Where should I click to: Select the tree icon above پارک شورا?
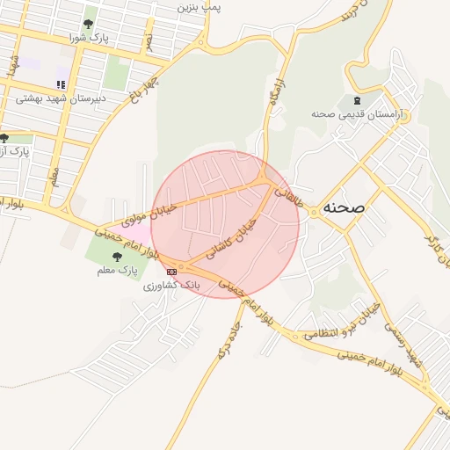[88, 24]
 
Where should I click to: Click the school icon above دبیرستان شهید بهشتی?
[61, 84]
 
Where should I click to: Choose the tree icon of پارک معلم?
[117, 256]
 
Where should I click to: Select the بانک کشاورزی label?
[172, 287]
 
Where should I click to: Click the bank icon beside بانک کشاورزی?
[171, 272]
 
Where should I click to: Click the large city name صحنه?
[344, 207]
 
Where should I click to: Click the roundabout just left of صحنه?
[313, 212]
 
